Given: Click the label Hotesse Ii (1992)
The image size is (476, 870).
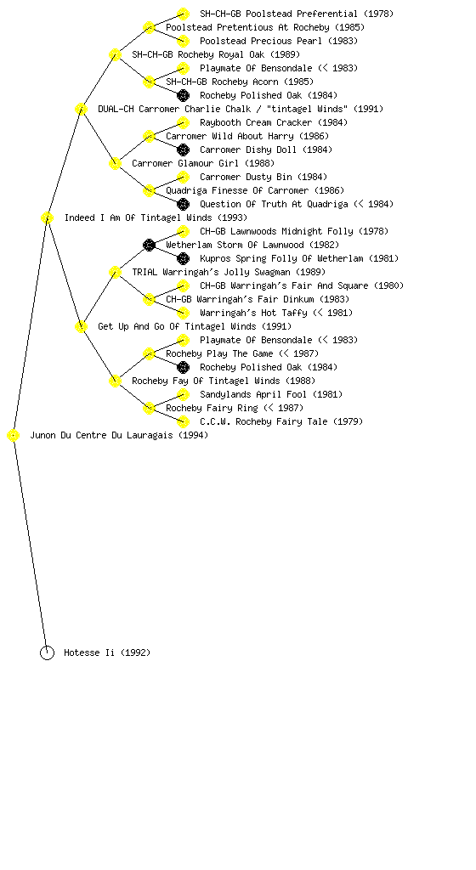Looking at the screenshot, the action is point(107,652).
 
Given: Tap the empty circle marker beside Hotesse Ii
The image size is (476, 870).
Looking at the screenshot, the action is point(47,653).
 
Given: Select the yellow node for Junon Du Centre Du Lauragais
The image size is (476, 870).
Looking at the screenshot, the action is point(14,436).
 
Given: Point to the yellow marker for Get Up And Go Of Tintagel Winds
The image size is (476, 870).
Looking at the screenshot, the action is point(81,327).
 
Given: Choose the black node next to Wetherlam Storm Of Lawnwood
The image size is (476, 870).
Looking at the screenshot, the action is point(149,245).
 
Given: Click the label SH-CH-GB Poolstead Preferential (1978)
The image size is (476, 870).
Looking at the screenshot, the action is point(297,14).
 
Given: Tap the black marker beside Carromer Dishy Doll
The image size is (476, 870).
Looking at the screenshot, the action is point(183,150).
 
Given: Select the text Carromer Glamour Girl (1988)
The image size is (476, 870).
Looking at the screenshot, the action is point(203,163).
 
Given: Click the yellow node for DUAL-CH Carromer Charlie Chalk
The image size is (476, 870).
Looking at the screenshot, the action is point(81,109).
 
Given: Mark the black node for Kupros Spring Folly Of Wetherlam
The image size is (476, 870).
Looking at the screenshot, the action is point(183,258).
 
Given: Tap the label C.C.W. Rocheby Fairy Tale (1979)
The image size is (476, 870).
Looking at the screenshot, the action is point(281,421).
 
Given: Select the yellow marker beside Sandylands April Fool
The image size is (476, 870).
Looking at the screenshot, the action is point(183,394).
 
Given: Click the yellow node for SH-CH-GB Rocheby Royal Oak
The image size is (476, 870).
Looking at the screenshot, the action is point(115,54).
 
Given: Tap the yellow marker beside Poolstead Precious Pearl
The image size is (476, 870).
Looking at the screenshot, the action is point(183,41).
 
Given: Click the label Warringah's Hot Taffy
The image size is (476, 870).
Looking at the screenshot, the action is point(253,313).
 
